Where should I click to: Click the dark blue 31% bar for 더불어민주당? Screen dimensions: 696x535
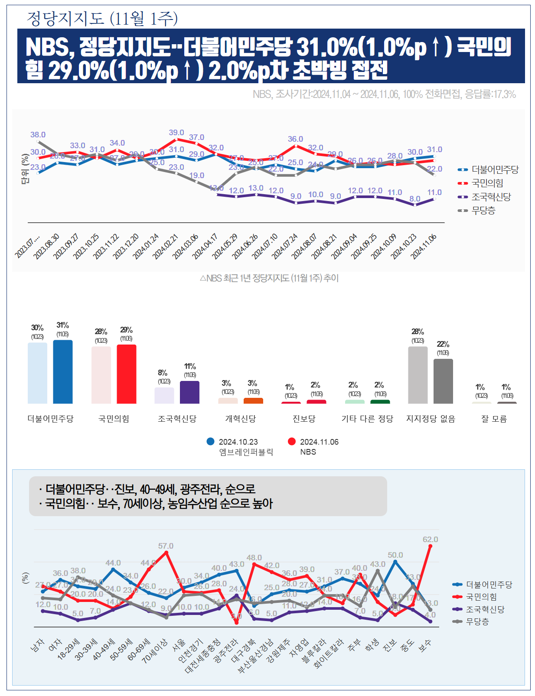click(62, 372)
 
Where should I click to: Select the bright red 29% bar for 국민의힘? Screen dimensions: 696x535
click(126, 374)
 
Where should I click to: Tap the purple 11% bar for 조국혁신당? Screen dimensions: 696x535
click(189, 392)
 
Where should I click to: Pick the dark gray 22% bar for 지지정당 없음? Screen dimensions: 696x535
click(443, 381)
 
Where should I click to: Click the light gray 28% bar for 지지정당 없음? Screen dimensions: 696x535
click(418, 375)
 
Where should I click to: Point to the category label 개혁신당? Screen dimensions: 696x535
click(241, 419)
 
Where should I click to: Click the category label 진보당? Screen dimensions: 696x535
click(304, 419)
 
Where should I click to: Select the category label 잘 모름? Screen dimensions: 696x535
click(494, 419)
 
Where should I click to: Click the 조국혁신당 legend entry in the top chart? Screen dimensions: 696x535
click(491, 197)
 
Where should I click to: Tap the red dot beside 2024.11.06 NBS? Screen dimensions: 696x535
click(292, 442)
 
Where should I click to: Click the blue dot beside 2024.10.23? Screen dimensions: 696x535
click(211, 442)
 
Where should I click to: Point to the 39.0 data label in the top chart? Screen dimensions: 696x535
click(176, 133)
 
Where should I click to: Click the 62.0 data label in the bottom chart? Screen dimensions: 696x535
click(430, 540)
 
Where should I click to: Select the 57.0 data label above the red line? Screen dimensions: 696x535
click(166, 546)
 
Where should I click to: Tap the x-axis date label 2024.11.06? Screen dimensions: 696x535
click(424, 246)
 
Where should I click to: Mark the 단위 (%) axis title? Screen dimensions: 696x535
click(25, 169)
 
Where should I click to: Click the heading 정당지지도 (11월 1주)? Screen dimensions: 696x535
click(102, 18)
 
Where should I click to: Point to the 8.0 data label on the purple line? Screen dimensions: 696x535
click(415, 199)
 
